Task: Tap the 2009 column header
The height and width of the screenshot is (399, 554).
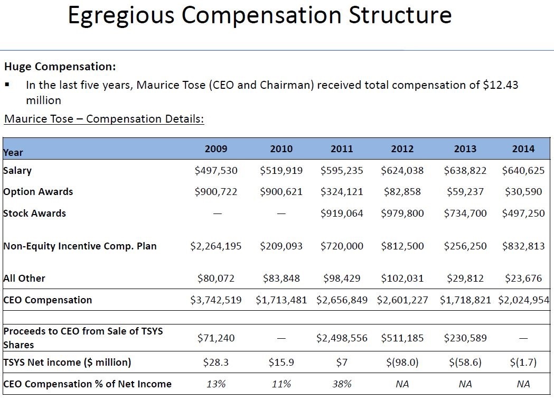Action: pyautogui.click(x=216, y=149)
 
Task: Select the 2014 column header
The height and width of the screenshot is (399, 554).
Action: pyautogui.click(x=523, y=149)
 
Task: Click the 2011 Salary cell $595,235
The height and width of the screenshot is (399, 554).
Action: pyautogui.click(x=342, y=171)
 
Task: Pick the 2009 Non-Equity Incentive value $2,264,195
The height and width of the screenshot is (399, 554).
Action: pyautogui.click(x=216, y=246)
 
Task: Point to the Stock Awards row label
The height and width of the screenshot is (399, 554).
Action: pyautogui.click(x=34, y=214)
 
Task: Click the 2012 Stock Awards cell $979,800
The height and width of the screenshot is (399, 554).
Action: pyautogui.click(x=402, y=214)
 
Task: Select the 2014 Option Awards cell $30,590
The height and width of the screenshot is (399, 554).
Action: pyautogui.click(x=523, y=192)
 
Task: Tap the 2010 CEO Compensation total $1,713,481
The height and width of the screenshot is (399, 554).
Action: pyautogui.click(x=281, y=300)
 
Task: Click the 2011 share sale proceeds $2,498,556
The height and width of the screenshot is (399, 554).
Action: pyautogui.click(x=342, y=338)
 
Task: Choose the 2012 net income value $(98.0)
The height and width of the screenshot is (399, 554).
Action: pyautogui.click(x=402, y=363)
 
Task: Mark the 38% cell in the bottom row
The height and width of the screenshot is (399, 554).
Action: pyautogui.click(x=342, y=384)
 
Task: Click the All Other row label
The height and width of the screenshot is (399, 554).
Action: pyautogui.click(x=24, y=279)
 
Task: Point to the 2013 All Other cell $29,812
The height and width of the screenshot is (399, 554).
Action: pyautogui.click(x=465, y=279)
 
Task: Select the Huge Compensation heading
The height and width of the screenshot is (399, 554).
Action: pyautogui.click(x=60, y=67)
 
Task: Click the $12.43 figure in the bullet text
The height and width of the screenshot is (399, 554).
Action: pyautogui.click(x=501, y=85)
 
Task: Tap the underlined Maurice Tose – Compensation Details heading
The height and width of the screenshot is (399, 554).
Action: pyautogui.click(x=104, y=118)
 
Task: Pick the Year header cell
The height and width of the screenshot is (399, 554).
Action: pyautogui.click(x=13, y=153)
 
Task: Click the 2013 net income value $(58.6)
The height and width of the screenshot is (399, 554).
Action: pyautogui.click(x=465, y=363)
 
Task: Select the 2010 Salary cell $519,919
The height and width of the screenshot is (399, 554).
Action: pyautogui.click(x=281, y=171)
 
